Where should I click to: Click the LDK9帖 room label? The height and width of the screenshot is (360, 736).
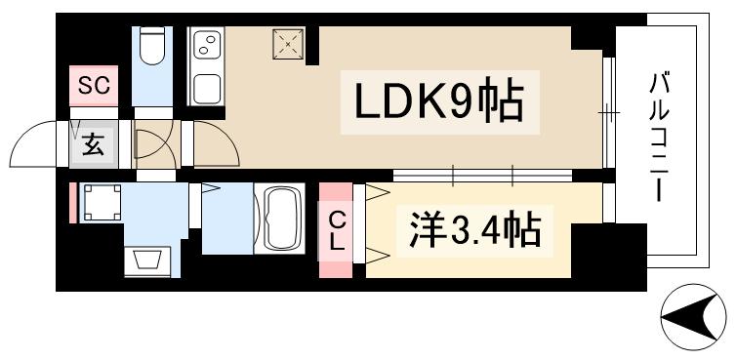439,101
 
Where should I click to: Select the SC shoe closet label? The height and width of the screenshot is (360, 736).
94,86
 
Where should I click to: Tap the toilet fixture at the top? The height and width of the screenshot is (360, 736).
152,48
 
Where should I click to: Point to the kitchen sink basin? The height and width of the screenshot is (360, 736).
208,87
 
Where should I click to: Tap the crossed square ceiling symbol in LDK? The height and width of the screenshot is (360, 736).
288,43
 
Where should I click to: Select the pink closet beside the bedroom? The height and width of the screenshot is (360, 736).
334,223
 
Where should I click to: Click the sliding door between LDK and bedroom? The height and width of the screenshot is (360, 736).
483,176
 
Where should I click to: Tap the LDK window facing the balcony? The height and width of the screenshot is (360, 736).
607,114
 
